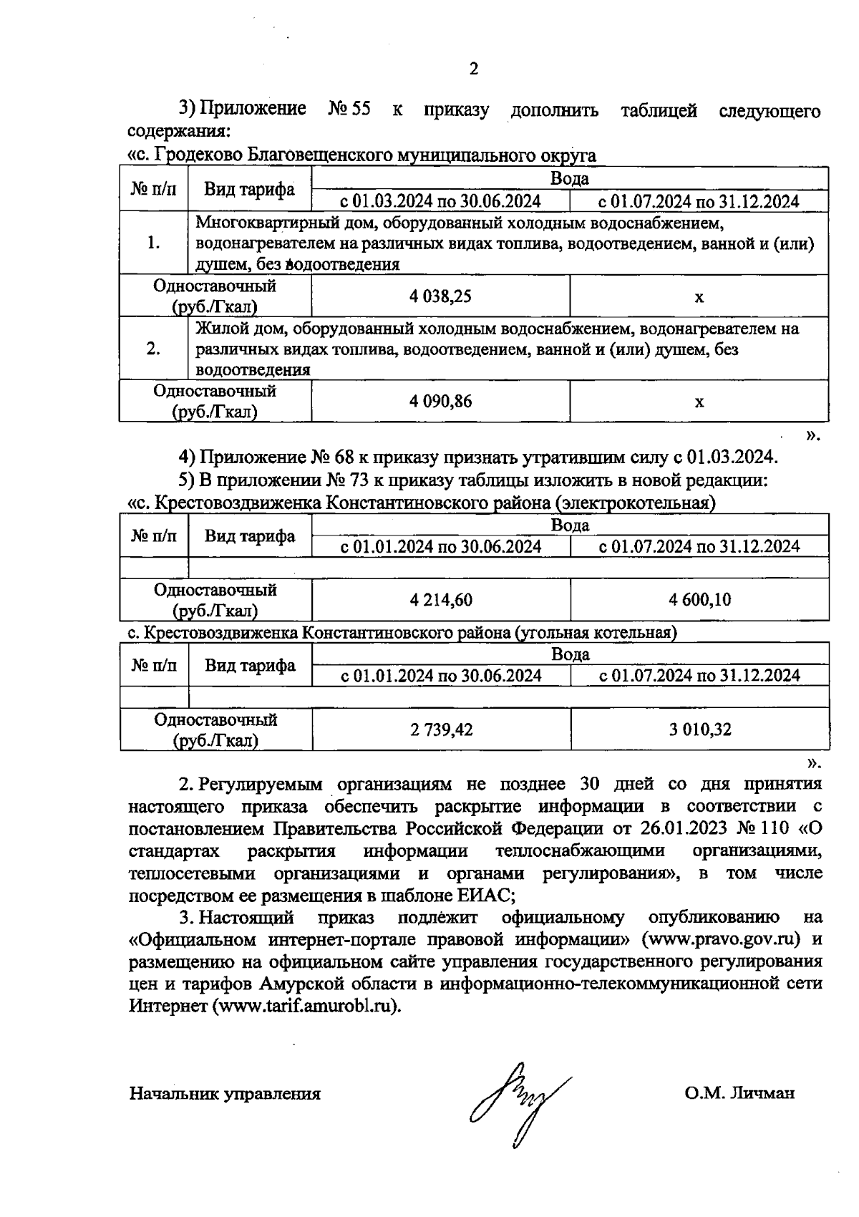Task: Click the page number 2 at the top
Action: click(472, 69)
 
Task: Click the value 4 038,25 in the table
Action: click(440, 296)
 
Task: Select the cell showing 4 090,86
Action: click(440, 402)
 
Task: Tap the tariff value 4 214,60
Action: click(441, 600)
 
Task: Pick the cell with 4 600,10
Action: click(699, 600)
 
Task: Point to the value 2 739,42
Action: click(441, 729)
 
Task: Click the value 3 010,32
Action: click(699, 729)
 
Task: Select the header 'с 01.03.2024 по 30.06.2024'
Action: click(440, 201)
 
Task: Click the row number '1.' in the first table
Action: click(153, 243)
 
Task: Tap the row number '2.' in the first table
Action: click(153, 349)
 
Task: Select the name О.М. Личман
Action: click(739, 1094)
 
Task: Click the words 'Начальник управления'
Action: click(225, 1094)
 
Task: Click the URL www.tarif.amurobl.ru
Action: click(304, 1007)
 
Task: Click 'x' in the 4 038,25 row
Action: click(699, 296)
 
